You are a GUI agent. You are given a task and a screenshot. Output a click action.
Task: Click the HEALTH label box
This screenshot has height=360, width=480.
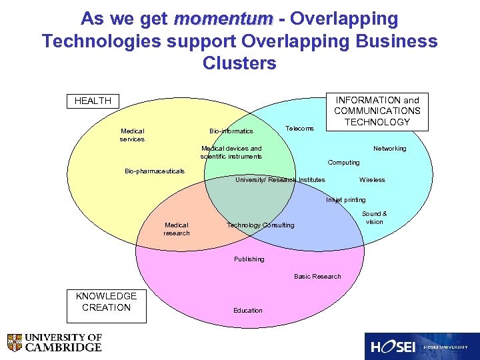[93, 101]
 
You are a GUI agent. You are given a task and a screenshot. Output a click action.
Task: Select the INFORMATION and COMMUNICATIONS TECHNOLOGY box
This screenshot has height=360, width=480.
[377, 111]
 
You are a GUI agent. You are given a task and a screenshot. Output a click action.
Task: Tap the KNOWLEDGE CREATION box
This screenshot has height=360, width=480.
[106, 302]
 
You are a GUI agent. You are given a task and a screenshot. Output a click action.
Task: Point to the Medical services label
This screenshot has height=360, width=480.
[133, 135]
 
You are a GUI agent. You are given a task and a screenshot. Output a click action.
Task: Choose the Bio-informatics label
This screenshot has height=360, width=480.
[231, 131]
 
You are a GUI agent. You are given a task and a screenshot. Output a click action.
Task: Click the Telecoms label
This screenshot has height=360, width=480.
[299, 128]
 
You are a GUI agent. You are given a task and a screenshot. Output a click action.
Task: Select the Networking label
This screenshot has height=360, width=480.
[389, 149]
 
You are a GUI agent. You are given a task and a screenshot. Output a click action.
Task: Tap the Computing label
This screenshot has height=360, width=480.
[343, 163]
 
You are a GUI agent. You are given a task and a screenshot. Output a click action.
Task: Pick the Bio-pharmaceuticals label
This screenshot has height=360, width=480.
[155, 171]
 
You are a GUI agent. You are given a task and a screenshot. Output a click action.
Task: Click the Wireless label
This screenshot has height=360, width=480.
[372, 180]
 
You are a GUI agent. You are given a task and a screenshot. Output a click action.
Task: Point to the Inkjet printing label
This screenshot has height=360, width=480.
[345, 200]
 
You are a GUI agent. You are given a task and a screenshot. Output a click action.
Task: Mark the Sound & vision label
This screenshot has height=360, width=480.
[374, 218]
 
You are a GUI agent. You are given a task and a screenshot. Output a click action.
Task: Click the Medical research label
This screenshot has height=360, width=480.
[177, 229]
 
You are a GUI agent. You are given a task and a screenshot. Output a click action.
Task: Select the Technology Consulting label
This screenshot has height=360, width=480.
[260, 225]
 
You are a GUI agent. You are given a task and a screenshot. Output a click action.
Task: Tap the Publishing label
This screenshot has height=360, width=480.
[249, 259]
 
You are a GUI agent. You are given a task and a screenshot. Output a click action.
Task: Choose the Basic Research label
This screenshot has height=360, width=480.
[317, 277]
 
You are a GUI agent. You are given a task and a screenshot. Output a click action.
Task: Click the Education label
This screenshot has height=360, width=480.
[248, 311]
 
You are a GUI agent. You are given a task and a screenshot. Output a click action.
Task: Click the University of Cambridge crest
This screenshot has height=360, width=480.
[15, 343]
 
